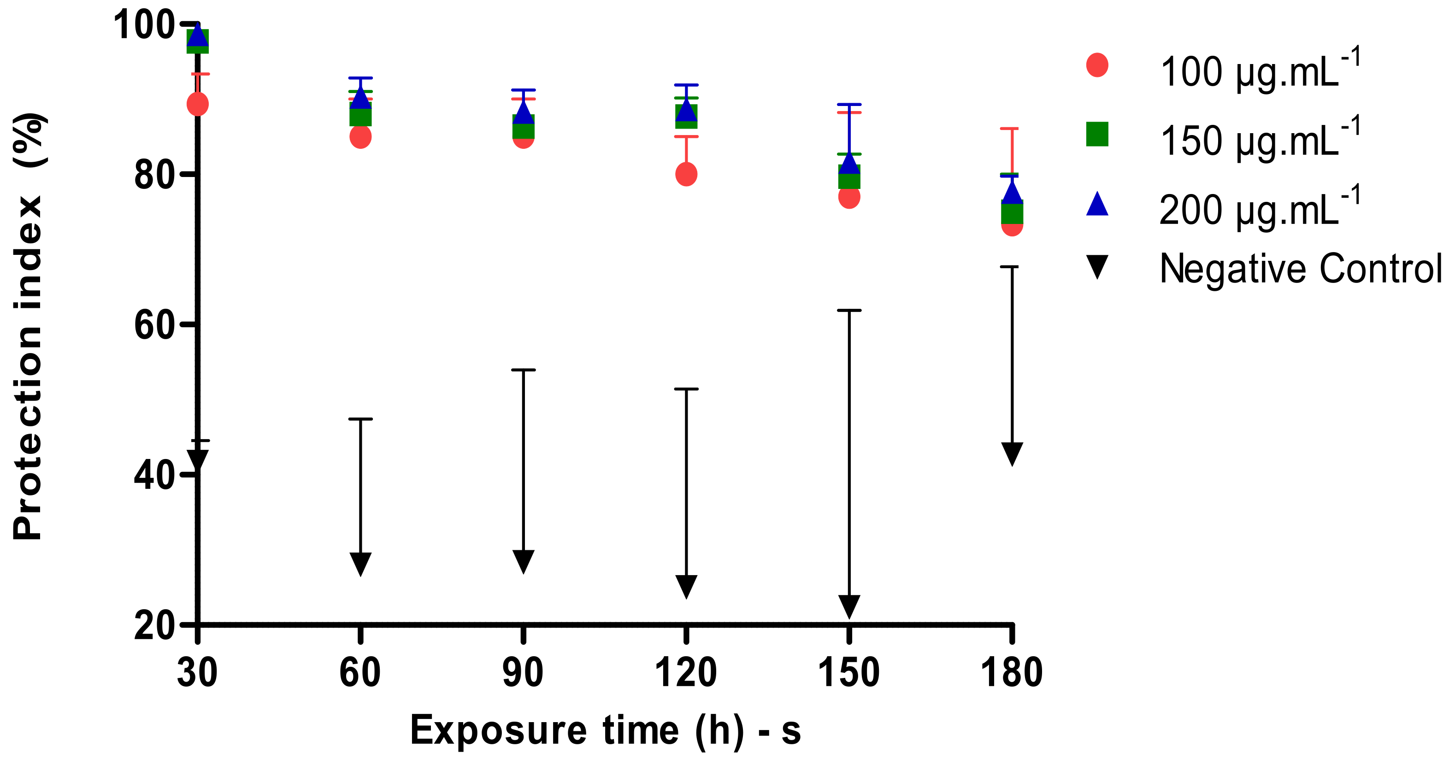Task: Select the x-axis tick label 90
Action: click(x=523, y=673)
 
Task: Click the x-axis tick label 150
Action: click(x=848, y=673)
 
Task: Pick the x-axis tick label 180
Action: click(x=1011, y=673)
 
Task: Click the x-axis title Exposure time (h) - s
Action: click(x=605, y=730)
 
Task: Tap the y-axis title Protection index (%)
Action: click(x=28, y=326)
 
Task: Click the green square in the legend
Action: click(x=1097, y=134)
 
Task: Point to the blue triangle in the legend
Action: click(x=1097, y=204)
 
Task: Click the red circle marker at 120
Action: click(x=686, y=174)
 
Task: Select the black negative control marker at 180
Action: click(x=1012, y=453)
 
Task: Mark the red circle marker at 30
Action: click(x=197, y=104)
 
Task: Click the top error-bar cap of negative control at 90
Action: click(x=523, y=370)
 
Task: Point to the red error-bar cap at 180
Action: click(x=1012, y=129)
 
